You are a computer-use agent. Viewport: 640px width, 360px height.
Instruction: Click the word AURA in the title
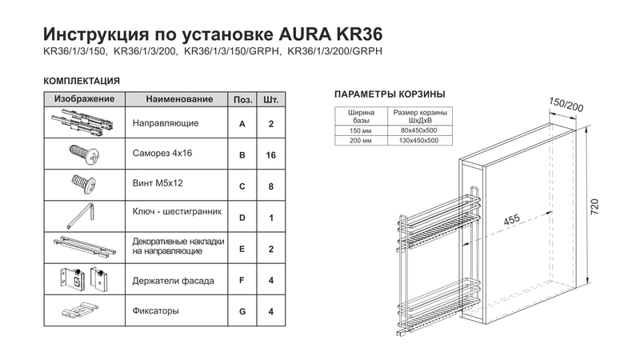pos(305,34)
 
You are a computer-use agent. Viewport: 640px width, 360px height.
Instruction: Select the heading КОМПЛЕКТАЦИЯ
pos(82,81)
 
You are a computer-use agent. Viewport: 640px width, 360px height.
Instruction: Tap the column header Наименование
pos(179,98)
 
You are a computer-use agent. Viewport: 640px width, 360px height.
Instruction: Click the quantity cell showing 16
pos(271,155)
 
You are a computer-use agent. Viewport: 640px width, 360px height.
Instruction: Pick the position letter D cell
pos(242,218)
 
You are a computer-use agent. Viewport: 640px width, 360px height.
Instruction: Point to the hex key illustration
pos(82,216)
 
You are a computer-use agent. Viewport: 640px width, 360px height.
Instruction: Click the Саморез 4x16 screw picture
pos(84,154)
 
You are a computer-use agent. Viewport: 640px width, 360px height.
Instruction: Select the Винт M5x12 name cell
pos(176,185)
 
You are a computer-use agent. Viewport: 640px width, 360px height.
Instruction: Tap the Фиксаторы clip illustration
pos(81,310)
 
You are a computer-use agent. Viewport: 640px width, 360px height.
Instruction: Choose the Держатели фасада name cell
pos(176,279)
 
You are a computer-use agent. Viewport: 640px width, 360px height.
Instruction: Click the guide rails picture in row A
pos(82,123)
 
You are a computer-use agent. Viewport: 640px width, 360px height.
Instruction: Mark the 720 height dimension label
pos(594,207)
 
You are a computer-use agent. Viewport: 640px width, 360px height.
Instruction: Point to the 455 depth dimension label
pos(511,219)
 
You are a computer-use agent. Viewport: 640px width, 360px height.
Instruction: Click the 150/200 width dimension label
pos(566,105)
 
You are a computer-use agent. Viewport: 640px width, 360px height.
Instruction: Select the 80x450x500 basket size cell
pos(420,130)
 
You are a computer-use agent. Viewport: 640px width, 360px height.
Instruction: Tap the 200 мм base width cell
pos(361,141)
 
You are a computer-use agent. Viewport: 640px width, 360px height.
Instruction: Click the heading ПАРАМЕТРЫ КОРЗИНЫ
pos(390,94)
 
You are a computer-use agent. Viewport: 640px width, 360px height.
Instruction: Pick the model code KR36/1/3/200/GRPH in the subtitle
pos(335,51)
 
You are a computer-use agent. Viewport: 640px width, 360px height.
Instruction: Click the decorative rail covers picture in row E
pos(85,246)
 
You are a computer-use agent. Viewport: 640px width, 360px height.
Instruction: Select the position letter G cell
pos(242,311)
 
